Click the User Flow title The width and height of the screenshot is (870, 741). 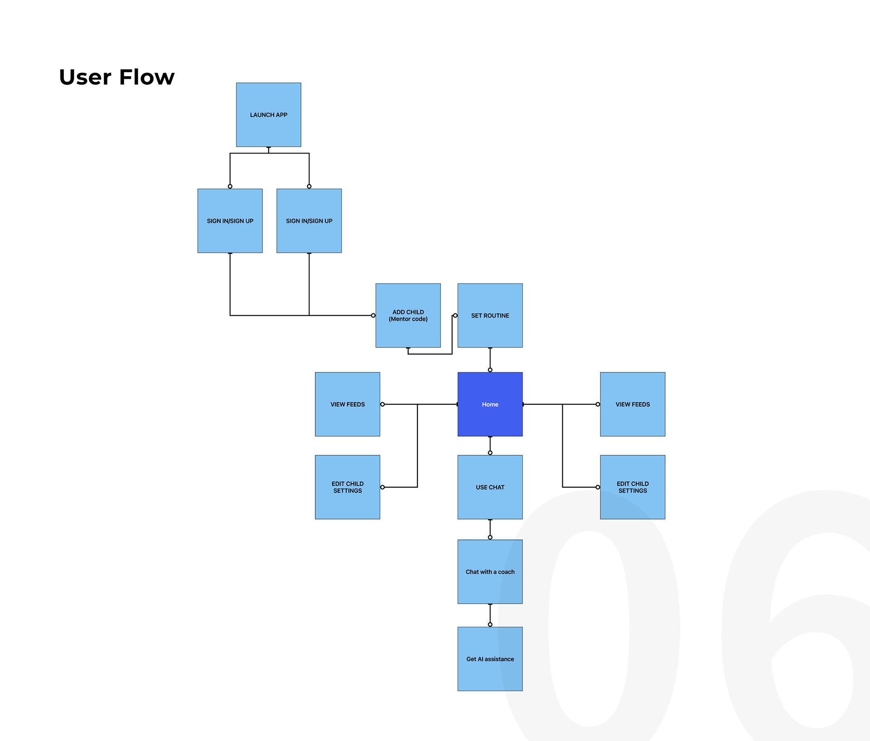click(x=116, y=77)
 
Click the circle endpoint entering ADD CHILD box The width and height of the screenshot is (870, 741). click(x=373, y=315)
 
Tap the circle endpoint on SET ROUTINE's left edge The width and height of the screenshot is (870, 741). click(x=455, y=315)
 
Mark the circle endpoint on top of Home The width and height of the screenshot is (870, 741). click(x=490, y=370)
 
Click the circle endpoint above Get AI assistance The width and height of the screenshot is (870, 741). click(x=490, y=625)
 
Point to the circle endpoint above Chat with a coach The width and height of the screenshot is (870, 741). click(x=490, y=537)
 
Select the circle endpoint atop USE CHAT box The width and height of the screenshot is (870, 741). click(x=490, y=453)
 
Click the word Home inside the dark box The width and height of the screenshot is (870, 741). click(x=490, y=404)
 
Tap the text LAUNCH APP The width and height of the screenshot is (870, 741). click(x=268, y=115)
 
